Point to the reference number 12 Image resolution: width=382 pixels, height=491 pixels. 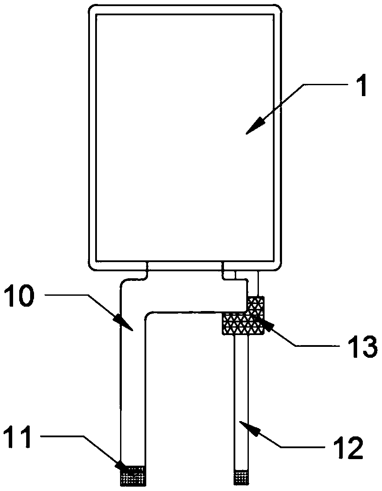click(x=348, y=446)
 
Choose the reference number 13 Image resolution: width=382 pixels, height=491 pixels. click(x=361, y=346)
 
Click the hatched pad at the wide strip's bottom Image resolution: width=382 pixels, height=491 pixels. click(x=133, y=475)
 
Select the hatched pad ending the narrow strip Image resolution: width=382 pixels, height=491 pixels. click(x=241, y=477)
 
